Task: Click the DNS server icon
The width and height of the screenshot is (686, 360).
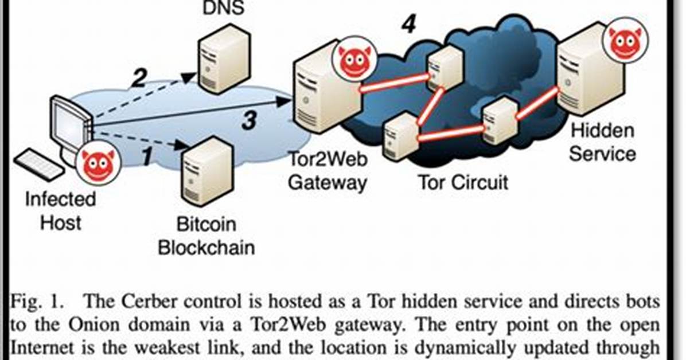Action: (224, 59)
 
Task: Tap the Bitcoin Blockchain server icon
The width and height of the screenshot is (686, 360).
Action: (207, 171)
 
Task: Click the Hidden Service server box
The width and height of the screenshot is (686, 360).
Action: (588, 70)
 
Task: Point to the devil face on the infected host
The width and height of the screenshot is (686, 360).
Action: (98, 162)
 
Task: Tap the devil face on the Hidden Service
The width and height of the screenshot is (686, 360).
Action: (625, 40)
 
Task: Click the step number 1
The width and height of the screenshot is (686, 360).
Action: (148, 156)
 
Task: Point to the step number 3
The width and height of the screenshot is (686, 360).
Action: (250, 120)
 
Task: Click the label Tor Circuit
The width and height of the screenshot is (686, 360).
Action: (463, 182)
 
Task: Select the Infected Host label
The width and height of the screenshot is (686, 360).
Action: (60, 211)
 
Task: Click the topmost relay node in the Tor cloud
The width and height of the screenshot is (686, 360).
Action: (445, 68)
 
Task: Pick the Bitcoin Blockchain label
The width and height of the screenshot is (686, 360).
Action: (206, 236)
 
